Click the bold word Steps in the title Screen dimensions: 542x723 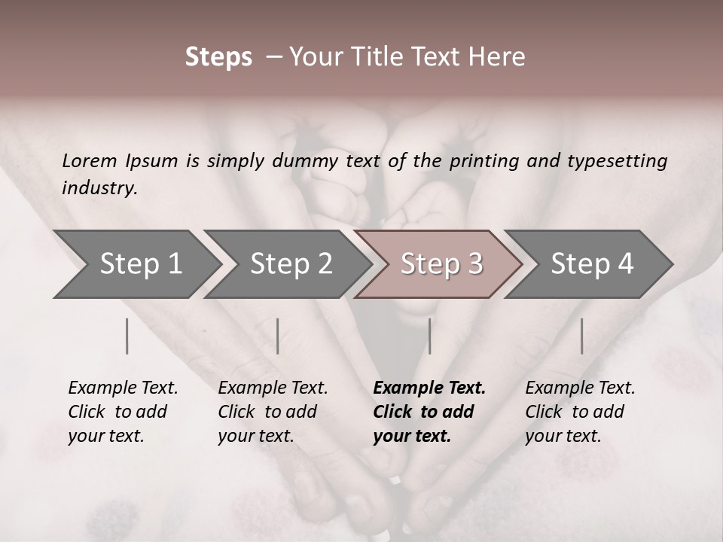218,57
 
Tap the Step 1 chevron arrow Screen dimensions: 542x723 140,264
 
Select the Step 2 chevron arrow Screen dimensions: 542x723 291,264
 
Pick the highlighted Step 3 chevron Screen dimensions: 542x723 441,264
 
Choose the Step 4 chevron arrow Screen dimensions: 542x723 592,264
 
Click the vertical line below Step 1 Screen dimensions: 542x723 127,336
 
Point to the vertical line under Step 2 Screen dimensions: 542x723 278,336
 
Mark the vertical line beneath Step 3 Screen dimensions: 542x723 429,336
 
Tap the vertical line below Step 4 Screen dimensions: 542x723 581,336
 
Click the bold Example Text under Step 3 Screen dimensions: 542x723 429,411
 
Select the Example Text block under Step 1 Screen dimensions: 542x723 123,411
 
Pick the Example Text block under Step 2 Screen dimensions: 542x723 273,411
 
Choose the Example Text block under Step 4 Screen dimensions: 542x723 580,411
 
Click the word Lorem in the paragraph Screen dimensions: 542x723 90,161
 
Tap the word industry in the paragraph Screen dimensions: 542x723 99,188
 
